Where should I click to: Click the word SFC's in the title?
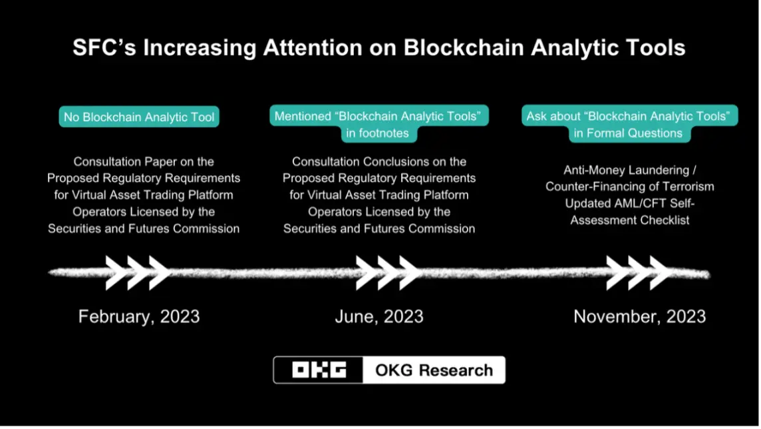coord(104,47)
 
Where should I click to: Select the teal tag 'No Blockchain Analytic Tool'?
coord(139,117)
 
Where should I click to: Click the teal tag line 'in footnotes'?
coord(378,133)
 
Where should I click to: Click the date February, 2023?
coord(139,317)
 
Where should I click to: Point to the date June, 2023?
coord(379,317)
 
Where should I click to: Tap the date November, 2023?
coord(640,317)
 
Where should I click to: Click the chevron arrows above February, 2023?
coord(138,273)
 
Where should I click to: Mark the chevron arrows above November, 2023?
coord(639,273)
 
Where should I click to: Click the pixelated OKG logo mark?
coord(319,370)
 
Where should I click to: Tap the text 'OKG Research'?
coord(434,370)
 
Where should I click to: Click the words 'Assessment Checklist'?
coord(629,220)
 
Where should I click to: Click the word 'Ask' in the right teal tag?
coord(536,117)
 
